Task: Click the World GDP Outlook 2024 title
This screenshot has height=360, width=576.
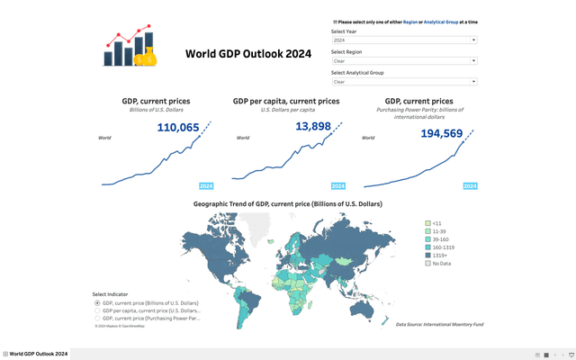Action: [248, 53]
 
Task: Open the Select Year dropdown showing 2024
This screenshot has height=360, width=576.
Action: [403, 40]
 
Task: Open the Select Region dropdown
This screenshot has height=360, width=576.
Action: [403, 61]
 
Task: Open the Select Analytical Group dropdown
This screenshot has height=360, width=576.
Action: [403, 82]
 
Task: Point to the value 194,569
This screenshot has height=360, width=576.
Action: [441, 133]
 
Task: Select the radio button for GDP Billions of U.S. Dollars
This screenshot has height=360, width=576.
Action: [97, 303]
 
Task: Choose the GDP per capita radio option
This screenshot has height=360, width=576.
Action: [97, 310]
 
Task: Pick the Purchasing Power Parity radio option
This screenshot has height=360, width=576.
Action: [97, 318]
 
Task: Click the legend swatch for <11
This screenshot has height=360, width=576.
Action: [427, 222]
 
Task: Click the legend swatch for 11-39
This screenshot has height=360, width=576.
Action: [427, 230]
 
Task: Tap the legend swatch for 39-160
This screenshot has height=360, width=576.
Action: [427, 238]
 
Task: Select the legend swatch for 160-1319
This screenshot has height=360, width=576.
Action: [427, 247]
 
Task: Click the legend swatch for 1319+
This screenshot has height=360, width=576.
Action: [427, 255]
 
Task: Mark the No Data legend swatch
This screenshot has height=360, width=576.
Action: [427, 263]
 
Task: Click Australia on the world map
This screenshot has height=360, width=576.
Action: [363, 308]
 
